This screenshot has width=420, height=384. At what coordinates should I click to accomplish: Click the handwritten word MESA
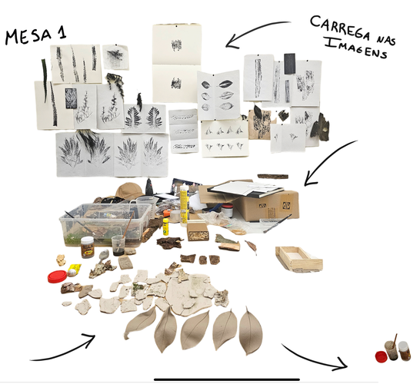tap(28, 37)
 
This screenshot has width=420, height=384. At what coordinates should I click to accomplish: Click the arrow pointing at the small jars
tap(316, 359)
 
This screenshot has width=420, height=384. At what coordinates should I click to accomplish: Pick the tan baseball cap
tap(130, 190)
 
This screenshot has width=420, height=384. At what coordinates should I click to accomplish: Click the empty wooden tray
tap(299, 259)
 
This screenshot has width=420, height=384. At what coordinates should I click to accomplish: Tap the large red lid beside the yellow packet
tap(57, 276)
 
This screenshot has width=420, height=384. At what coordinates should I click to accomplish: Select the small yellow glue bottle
tap(166, 227)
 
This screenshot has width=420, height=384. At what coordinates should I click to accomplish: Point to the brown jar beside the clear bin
tap(88, 247)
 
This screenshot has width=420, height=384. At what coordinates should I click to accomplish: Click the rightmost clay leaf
tap(251, 331)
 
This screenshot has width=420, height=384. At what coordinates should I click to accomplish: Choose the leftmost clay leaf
tap(140, 323)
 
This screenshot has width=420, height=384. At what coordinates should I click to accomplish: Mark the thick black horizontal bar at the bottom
tap(227, 379)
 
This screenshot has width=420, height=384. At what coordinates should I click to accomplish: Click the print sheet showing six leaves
tap(218, 95)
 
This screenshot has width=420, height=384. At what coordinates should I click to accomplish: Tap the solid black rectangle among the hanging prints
tap(289, 64)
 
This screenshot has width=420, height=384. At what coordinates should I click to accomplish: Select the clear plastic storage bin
tap(105, 224)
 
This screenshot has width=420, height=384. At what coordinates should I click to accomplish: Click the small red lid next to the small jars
tap(382, 356)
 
